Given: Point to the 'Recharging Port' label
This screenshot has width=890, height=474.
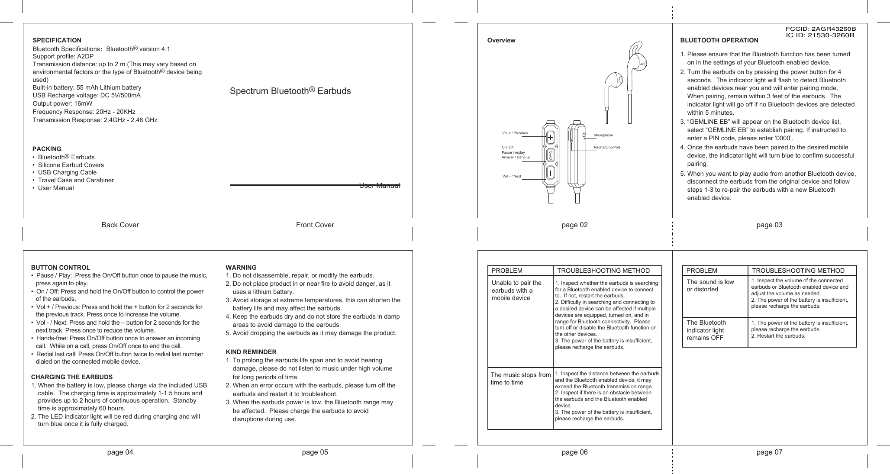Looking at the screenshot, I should (607, 148).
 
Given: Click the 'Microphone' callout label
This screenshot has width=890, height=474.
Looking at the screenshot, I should (603, 135).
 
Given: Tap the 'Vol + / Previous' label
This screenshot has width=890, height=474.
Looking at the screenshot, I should (515, 133).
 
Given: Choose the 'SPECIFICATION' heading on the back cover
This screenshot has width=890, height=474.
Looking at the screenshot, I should (57, 41).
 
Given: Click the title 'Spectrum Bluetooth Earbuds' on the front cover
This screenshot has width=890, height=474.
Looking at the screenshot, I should (290, 91).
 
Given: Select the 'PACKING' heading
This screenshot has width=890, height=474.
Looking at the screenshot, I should (47, 149).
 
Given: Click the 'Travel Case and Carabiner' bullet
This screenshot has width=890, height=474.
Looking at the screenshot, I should (76, 180).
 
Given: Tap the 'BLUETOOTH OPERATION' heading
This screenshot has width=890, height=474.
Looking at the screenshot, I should (719, 41).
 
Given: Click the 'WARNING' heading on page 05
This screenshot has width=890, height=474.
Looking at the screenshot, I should (241, 268).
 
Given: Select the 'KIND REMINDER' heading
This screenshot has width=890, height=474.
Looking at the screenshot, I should (251, 352).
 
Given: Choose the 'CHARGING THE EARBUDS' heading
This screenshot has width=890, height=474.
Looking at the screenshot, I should (72, 377).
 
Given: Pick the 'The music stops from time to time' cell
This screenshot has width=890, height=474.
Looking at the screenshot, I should (520, 378).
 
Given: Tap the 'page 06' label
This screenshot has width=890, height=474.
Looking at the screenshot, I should (574, 452).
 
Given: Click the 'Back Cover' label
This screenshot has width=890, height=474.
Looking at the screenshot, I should (120, 225).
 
